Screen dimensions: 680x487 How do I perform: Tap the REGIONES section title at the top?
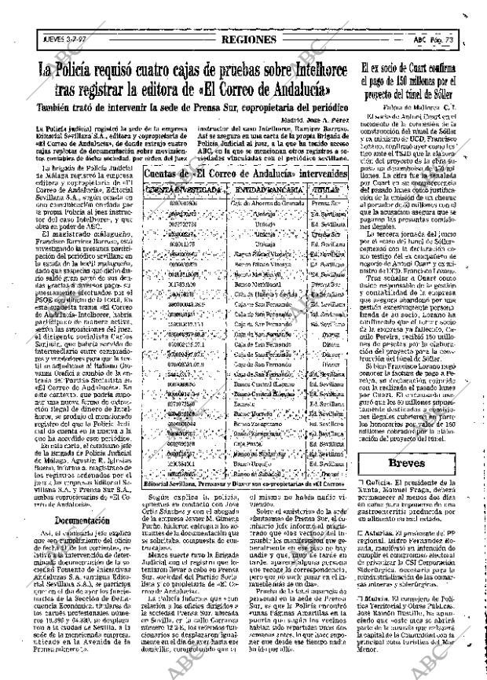[x=250, y=39]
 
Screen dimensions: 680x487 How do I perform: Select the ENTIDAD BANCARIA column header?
[x=255, y=190]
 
